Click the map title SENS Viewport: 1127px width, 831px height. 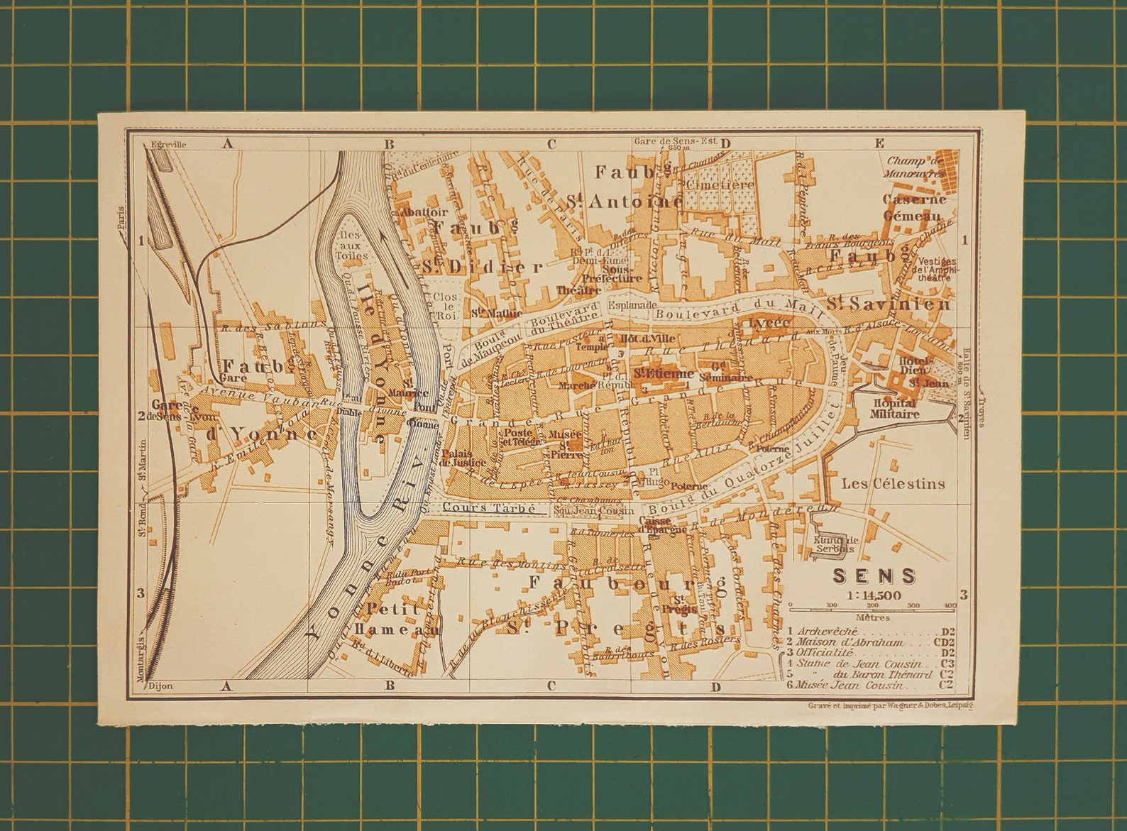point(874,576)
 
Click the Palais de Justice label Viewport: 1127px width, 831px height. point(463,458)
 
